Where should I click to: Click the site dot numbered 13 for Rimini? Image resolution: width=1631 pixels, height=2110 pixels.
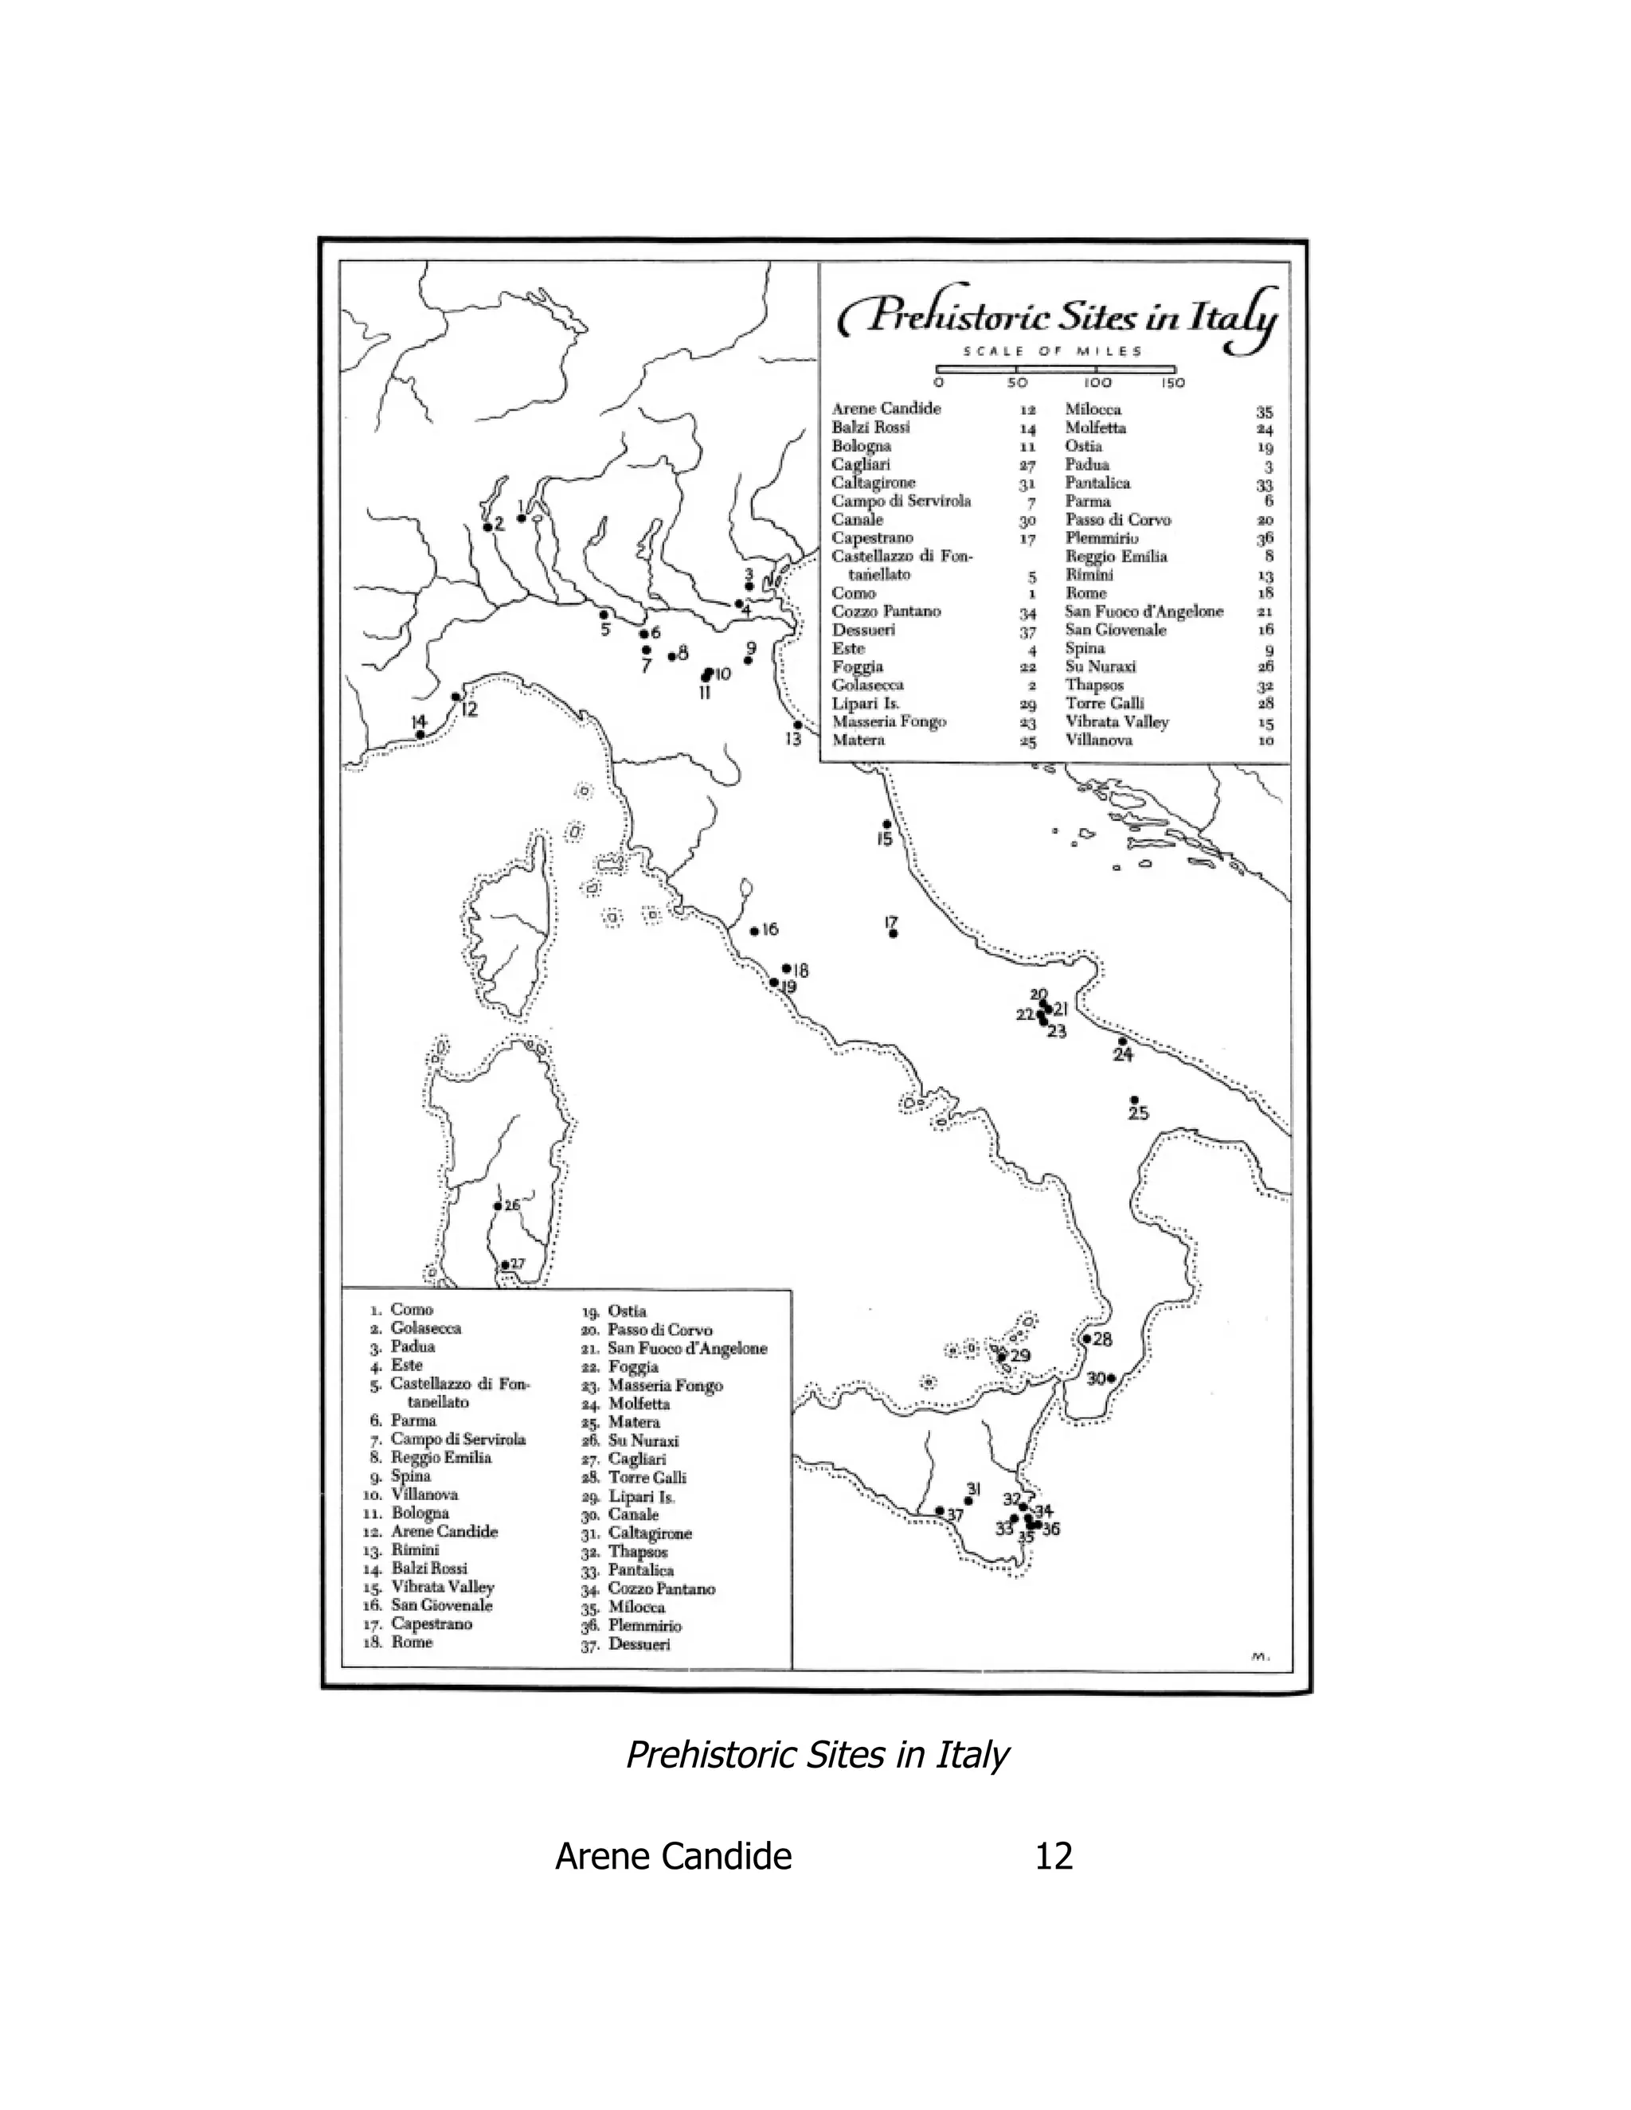click(x=797, y=725)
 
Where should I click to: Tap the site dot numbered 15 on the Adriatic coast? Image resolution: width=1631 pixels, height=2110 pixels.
click(x=887, y=824)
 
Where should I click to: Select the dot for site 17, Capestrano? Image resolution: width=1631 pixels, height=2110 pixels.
click(x=894, y=933)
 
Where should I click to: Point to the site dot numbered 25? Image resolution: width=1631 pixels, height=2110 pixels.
click(x=1134, y=1100)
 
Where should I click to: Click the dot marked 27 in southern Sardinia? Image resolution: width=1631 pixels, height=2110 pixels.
click(x=504, y=1264)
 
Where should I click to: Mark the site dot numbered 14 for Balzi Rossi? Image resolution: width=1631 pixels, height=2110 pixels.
click(x=420, y=734)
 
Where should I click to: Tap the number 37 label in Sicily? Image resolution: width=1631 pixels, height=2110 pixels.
click(x=956, y=1515)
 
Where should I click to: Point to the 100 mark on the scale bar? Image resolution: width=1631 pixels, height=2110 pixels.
click(x=1097, y=382)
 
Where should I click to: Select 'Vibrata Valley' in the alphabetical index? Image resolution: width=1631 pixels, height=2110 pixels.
click(x=1117, y=721)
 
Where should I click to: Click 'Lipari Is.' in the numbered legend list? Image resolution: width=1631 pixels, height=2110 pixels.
click(x=642, y=1497)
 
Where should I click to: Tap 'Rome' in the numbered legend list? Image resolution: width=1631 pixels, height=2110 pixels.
click(x=412, y=1642)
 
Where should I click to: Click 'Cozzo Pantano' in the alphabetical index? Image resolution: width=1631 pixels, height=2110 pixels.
click(x=886, y=612)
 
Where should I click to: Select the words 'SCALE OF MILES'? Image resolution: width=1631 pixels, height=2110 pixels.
click(x=1053, y=352)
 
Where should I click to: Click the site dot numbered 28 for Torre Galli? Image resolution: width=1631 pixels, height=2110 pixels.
click(x=1087, y=1339)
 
